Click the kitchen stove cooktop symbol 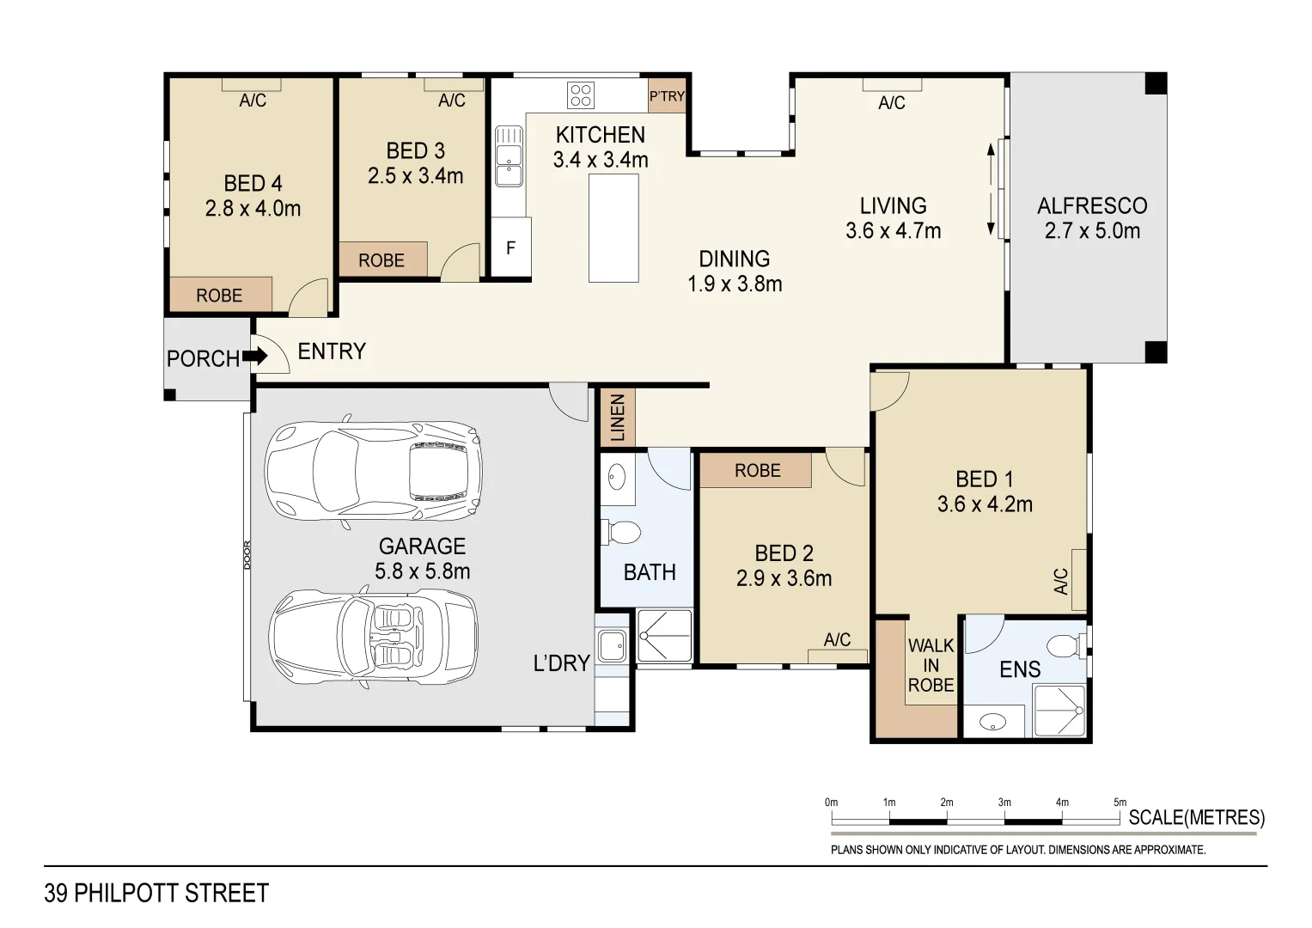[x=581, y=94]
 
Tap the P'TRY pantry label [x=667, y=96]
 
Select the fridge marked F [x=510, y=247]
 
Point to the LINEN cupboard [x=617, y=418]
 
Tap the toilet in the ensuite [x=1065, y=645]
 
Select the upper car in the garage [x=374, y=471]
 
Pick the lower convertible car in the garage [x=374, y=635]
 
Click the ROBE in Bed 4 [x=220, y=295]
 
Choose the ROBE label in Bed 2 [x=757, y=471]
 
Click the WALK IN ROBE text [x=931, y=665]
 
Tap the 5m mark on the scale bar [x=1120, y=803]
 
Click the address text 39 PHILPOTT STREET [x=156, y=894]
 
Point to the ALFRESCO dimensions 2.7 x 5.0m [x=1092, y=230]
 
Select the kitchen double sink [x=509, y=156]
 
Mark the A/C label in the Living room [x=892, y=103]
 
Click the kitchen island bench [x=613, y=228]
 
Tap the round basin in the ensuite [x=992, y=723]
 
